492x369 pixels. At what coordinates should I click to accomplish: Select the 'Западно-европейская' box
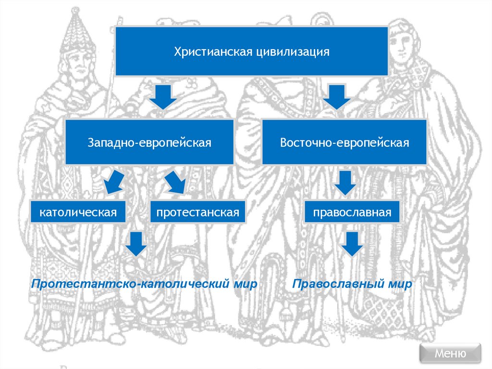(149, 143)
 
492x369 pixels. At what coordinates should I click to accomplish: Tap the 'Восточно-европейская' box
(344, 143)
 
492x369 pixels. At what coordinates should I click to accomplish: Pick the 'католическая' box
(78, 212)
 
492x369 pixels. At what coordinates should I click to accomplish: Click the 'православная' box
(352, 212)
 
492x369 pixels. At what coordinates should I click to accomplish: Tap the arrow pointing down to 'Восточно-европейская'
(337, 97)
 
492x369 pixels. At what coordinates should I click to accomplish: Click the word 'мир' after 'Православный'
(402, 284)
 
